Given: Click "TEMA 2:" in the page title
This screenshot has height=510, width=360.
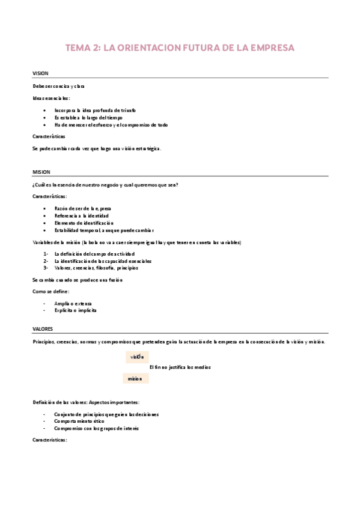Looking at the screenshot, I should pyautogui.click(x=84, y=48).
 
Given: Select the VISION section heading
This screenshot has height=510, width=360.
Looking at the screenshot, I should pyautogui.click(x=41, y=73).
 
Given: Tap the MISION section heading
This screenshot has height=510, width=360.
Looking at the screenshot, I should pyautogui.click(x=41, y=171).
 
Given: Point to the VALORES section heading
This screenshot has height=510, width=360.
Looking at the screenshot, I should pyautogui.click(x=43, y=329).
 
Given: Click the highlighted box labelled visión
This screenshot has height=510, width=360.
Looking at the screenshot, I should pyautogui.click(x=137, y=357).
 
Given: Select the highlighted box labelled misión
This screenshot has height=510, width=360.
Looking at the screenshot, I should pyautogui.click(x=135, y=378).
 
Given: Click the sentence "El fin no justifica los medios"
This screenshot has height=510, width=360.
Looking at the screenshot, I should pyautogui.click(x=180, y=367).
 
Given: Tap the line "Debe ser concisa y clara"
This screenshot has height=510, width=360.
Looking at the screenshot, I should pyautogui.click(x=59, y=87).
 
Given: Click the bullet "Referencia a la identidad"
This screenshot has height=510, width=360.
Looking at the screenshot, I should pyautogui.click(x=81, y=215).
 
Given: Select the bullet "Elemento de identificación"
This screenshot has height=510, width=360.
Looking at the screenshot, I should pyautogui.click(x=84, y=223).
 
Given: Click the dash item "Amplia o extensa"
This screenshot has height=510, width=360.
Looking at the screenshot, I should pyautogui.click(x=71, y=303).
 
